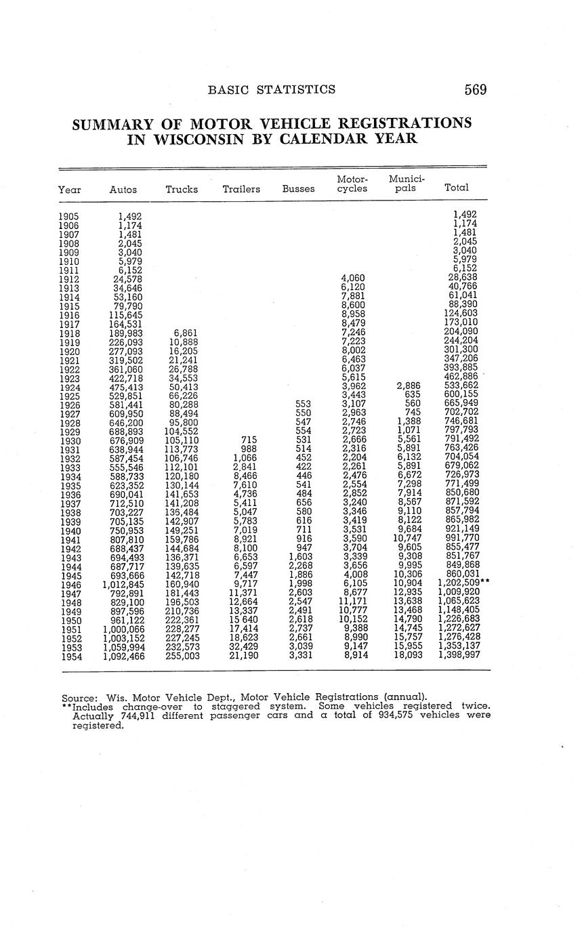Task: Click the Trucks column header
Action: tap(182, 189)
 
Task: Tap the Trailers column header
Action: tap(241, 189)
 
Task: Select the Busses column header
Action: tap(298, 189)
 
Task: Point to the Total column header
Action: tap(456, 187)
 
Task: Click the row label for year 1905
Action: tap(69, 217)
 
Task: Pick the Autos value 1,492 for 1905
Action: tap(129, 217)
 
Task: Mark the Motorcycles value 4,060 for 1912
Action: tap(353, 279)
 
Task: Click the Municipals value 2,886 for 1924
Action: tap(409, 387)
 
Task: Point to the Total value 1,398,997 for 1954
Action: tap(459, 656)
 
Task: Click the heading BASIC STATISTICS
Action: tap(272, 89)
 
